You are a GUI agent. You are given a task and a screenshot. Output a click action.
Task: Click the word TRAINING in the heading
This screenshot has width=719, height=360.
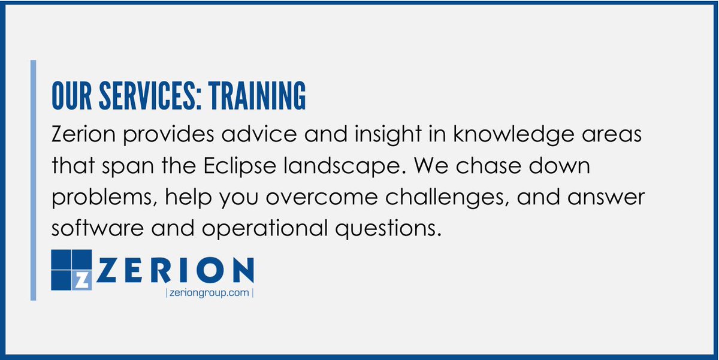(257, 96)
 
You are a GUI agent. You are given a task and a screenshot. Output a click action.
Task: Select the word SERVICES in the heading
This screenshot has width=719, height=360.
(143, 96)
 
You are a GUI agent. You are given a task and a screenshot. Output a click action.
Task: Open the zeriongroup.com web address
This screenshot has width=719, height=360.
(209, 293)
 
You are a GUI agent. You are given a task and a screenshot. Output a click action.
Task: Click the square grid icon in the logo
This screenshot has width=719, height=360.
(71, 270)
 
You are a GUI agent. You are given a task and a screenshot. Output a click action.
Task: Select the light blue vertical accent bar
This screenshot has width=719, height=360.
(33, 180)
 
